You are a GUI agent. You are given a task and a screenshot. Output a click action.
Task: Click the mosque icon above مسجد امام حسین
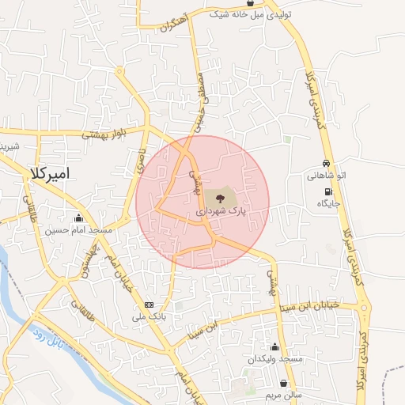78,218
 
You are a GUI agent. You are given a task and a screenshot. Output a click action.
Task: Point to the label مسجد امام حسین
80,230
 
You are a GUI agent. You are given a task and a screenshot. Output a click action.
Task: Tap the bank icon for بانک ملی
149,305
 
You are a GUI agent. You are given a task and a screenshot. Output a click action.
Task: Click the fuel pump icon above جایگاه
327,192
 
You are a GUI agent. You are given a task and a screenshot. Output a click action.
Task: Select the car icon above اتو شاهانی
327,163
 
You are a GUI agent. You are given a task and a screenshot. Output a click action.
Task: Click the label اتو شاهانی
327,176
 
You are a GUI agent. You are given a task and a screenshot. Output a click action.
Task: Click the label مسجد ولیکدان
275,359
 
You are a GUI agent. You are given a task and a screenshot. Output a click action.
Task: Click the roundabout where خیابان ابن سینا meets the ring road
361,305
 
